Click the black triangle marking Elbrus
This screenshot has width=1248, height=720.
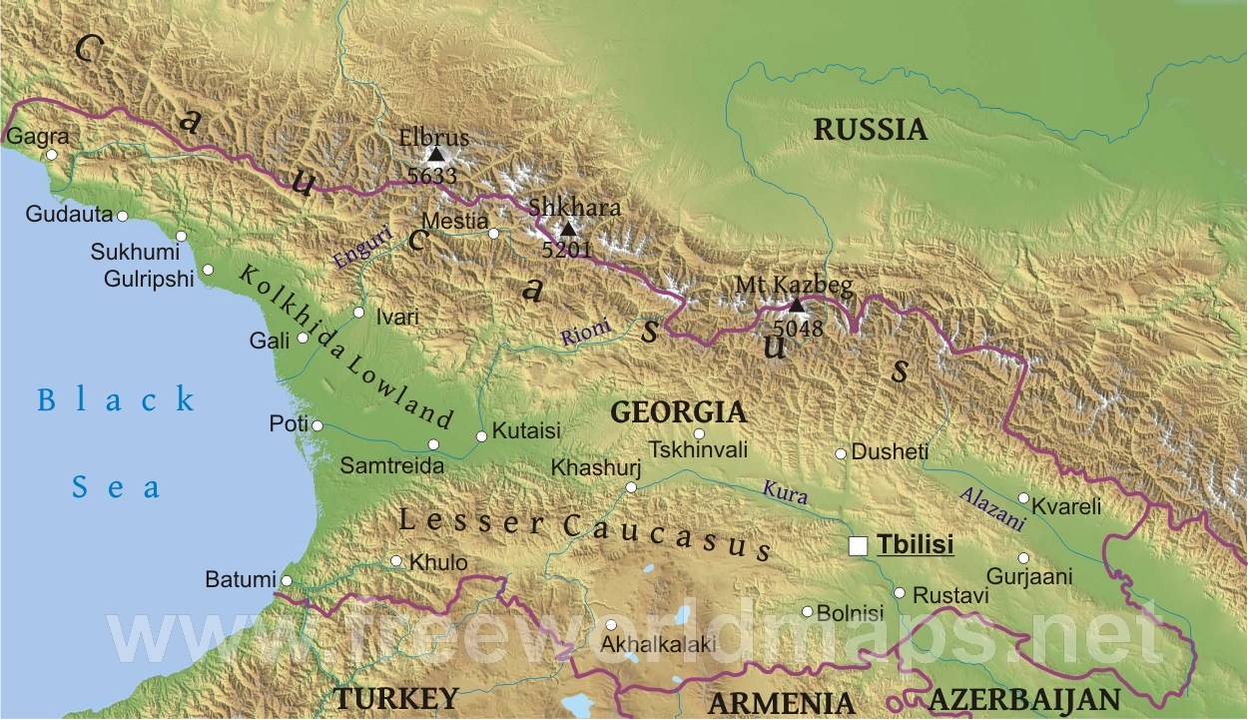click(x=435, y=154)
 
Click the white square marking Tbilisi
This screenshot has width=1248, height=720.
click(x=858, y=546)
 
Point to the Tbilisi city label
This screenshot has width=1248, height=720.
click(x=916, y=545)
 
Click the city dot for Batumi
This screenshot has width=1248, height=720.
click(x=287, y=580)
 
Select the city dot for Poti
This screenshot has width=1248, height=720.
click(x=316, y=425)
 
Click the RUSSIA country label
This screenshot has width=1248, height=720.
click(x=870, y=129)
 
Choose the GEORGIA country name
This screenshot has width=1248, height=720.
click(x=678, y=411)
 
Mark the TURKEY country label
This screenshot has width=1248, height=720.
click(x=396, y=697)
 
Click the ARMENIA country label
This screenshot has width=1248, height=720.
click(x=782, y=702)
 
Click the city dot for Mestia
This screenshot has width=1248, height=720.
click(x=493, y=234)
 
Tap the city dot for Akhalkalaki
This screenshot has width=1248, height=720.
click(x=611, y=625)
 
